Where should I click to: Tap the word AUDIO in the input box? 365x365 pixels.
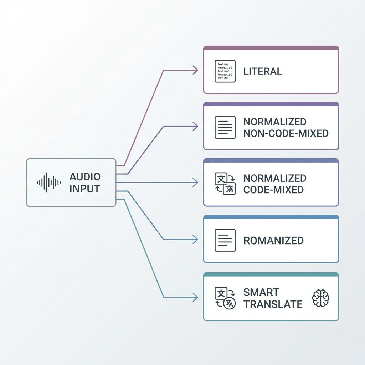pos(85,177)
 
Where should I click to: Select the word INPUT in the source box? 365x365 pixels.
pos(85,189)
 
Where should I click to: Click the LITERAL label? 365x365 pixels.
pos(263,71)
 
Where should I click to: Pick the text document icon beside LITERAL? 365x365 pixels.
pos(225,71)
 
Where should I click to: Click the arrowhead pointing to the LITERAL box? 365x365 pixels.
pos(195,70)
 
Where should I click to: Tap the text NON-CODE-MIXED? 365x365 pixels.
pos(286,134)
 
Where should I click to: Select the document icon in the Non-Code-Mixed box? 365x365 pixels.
pos(225,127)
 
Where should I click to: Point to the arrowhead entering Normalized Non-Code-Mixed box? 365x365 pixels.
pos(195,126)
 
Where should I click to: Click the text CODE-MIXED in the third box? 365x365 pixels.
pos(273,190)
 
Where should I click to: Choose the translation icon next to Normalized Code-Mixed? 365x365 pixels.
pos(225,184)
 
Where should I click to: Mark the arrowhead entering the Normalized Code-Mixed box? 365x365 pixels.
pos(195,183)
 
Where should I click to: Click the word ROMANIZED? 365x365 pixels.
pos(273,241)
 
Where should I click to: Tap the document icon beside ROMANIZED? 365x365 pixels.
pos(225,240)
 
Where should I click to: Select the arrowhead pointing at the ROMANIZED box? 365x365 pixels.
pos(195,240)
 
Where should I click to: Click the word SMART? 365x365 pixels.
pos(261,293)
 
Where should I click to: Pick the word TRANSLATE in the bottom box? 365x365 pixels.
pos(273,304)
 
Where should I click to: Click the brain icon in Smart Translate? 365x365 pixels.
pos(320,298)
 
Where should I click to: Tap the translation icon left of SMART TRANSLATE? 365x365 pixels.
pos(225,298)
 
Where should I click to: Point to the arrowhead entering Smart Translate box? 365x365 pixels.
pos(195,297)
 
